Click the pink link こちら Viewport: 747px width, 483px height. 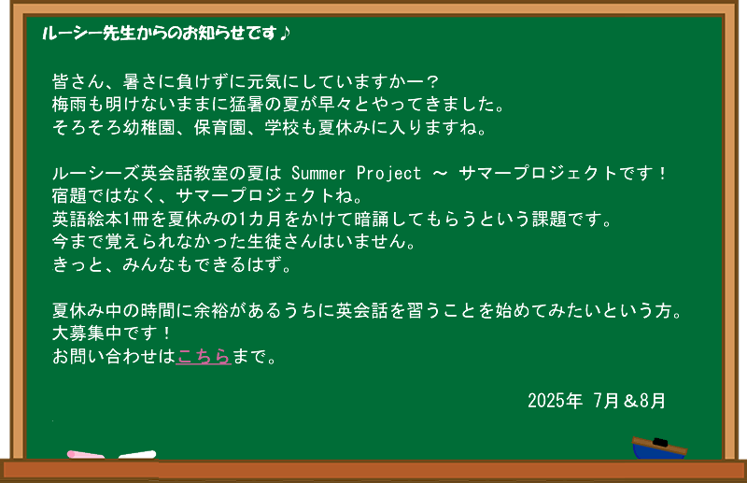(x=204, y=356)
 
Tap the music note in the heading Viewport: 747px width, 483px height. (x=284, y=33)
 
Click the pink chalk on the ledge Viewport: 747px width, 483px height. (x=85, y=454)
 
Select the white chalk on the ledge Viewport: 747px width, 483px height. (x=137, y=454)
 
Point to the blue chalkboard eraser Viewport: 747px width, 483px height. (x=659, y=448)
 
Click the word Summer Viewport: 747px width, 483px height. (x=317, y=173)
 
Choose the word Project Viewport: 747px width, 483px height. (x=388, y=174)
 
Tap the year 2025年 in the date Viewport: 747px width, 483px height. (x=555, y=401)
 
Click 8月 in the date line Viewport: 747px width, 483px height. (x=653, y=401)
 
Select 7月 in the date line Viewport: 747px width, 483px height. (x=606, y=401)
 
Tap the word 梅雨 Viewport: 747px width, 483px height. (x=69, y=105)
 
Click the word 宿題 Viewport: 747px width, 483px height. (x=69, y=196)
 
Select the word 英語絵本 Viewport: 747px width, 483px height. (x=87, y=219)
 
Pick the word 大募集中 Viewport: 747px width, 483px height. (x=87, y=334)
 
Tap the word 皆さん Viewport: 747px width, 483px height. (x=78, y=81)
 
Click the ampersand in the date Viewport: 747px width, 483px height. (x=630, y=401)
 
